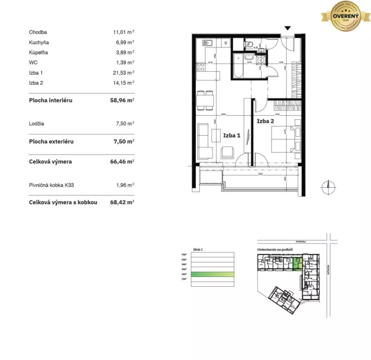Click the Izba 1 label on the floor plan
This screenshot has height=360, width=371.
(x=232, y=135)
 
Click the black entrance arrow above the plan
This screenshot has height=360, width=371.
(x=288, y=28)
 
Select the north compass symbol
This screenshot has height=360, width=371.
(x=328, y=187)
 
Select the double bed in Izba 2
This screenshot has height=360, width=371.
(x=284, y=139)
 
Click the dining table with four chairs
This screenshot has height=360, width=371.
(x=205, y=100)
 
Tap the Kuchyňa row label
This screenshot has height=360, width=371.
(x=39, y=42)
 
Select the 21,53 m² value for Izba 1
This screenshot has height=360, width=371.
(x=123, y=73)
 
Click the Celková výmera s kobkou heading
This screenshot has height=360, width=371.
(x=63, y=202)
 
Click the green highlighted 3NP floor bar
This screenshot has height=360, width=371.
(x=213, y=274)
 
